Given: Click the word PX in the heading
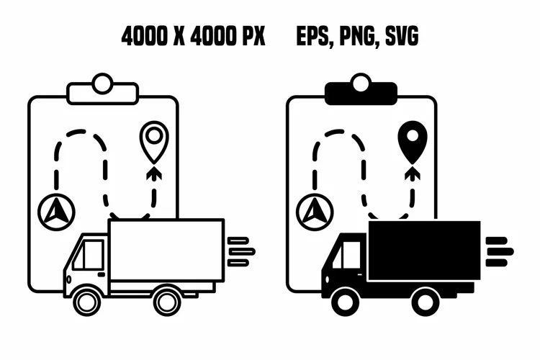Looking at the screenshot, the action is tap(254, 36).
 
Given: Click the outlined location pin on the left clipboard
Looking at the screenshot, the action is tap(154, 142).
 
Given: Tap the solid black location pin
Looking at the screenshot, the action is tap(413, 142).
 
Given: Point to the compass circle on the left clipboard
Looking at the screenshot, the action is tap(56, 212).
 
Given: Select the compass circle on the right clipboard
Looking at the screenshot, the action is tap(315, 212).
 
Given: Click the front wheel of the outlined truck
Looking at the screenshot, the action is tap(87, 302).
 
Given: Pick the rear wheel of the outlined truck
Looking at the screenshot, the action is tap(167, 302).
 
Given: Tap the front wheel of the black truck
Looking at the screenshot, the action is tap(346, 302).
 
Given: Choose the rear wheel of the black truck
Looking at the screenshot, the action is tap(426, 302).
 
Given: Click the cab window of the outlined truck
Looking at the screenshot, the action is tap(89, 255).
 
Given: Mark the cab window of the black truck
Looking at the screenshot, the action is tap(347, 255).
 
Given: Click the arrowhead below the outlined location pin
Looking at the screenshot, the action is tap(154, 174).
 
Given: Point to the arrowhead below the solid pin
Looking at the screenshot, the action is tap(413, 174).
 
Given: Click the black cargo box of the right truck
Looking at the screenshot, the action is tap(424, 251).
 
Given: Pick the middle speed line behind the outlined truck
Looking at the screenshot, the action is tap(243, 251).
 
